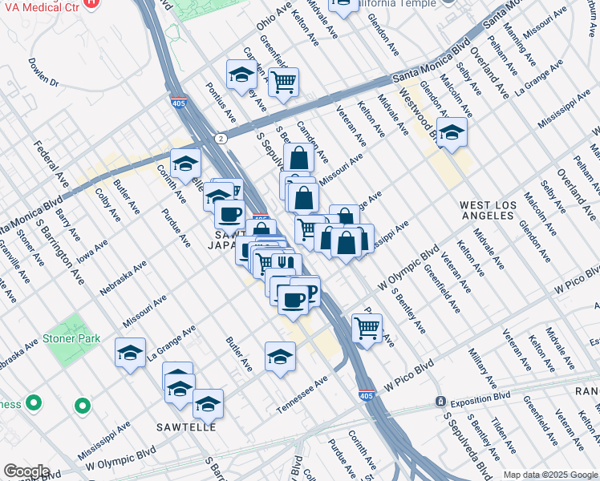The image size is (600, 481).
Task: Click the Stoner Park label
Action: pyautogui.click(x=72, y=338)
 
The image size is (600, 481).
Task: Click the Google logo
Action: pyautogui.click(x=26, y=471)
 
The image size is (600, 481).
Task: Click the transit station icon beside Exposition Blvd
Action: pyautogui.click(x=440, y=400)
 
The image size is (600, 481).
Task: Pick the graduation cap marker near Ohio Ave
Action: pyautogui.click(x=241, y=75)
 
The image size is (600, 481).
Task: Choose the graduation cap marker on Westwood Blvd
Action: pyautogui.click(x=452, y=132)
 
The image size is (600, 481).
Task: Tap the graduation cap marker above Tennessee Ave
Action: pyautogui.click(x=280, y=356)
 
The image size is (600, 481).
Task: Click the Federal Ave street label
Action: pyautogui.click(x=50, y=159)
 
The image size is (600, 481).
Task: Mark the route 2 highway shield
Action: pyautogui.click(x=220, y=139)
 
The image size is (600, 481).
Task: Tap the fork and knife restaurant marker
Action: pyautogui.click(x=286, y=263)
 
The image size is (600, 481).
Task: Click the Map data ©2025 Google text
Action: pyautogui.click(x=549, y=474)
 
